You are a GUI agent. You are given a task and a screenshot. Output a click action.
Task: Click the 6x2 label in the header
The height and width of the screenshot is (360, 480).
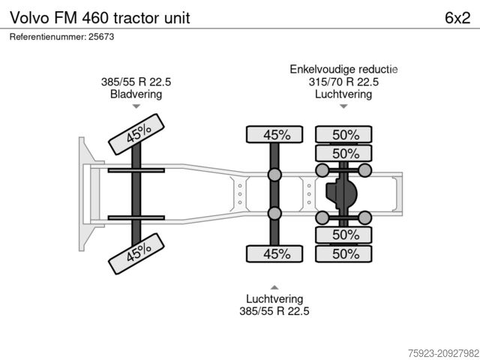click(x=457, y=17)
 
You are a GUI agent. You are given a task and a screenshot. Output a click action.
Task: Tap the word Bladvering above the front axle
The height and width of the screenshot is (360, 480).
click(x=136, y=94)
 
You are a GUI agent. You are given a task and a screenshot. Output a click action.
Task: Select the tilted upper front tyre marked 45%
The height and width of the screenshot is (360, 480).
click(x=138, y=135)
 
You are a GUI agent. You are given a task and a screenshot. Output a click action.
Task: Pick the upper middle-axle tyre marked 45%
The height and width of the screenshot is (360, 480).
click(x=275, y=135)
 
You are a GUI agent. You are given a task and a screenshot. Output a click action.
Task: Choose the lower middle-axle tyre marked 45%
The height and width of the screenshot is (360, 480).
click(x=275, y=253)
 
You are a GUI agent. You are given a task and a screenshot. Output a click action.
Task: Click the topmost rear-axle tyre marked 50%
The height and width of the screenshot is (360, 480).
click(x=346, y=135)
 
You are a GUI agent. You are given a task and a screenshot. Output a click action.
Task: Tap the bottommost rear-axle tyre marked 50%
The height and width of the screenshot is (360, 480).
click(x=346, y=253)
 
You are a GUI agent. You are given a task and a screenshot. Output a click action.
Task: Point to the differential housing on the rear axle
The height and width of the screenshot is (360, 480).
click(x=342, y=195)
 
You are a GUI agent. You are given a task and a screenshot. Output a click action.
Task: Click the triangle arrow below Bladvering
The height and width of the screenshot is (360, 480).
click(x=136, y=107)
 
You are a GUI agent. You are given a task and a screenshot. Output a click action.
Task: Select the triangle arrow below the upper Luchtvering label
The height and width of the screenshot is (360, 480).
click(x=343, y=106)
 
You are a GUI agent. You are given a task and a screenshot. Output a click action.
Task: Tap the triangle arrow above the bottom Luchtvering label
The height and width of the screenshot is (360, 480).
click(x=274, y=287)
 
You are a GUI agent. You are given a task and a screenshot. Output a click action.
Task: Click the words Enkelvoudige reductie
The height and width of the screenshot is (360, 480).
click(x=343, y=70)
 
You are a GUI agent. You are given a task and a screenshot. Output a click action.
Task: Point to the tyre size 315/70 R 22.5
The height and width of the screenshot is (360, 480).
click(x=343, y=82)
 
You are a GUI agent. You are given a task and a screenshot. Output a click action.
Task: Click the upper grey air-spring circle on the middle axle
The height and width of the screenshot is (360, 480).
click(x=274, y=175)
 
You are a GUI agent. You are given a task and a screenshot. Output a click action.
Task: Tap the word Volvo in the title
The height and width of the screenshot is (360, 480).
click(x=28, y=17)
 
